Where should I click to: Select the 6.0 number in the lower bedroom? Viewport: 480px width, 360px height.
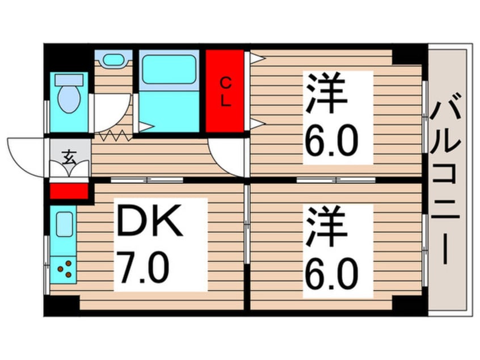(332, 274)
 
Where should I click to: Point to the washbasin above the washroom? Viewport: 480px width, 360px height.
(114, 59)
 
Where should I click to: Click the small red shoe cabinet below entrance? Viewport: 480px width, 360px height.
(69, 190)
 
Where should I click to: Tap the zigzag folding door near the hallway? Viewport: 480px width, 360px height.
(115, 136)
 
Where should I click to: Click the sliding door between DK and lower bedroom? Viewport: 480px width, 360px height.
(247, 224)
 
